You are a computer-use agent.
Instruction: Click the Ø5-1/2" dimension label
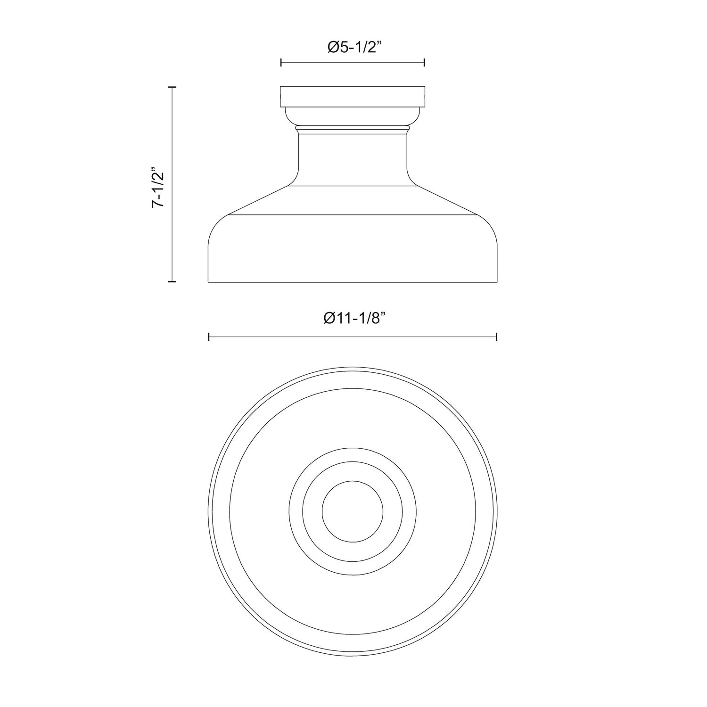click(353, 48)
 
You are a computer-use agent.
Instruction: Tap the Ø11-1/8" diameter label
click(353, 319)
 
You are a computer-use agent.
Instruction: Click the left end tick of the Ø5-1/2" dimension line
click(281, 62)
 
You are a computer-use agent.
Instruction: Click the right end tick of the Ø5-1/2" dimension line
click(425, 62)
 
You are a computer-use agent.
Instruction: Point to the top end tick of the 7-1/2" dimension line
click(172, 87)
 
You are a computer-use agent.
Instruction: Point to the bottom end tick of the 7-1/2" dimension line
click(172, 281)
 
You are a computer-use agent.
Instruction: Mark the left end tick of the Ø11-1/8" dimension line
click(209, 337)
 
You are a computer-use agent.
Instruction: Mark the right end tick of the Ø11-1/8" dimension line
click(497, 337)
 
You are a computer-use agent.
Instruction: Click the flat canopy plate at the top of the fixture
click(353, 97)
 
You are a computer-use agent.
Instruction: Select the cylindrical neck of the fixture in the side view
click(353, 158)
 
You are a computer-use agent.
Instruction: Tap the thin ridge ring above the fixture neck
click(353, 128)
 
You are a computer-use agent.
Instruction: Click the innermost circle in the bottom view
click(353, 511)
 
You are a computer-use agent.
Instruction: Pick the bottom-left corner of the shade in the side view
click(209, 282)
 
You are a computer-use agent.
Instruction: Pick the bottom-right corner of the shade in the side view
click(497, 282)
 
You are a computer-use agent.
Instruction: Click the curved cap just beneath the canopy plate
click(353, 116)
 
